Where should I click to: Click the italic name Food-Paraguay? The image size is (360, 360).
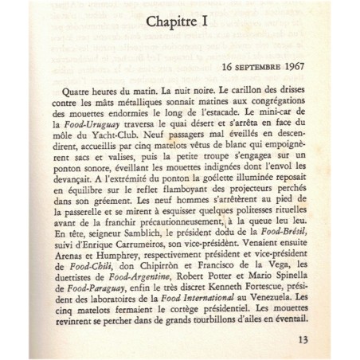[76, 325]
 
